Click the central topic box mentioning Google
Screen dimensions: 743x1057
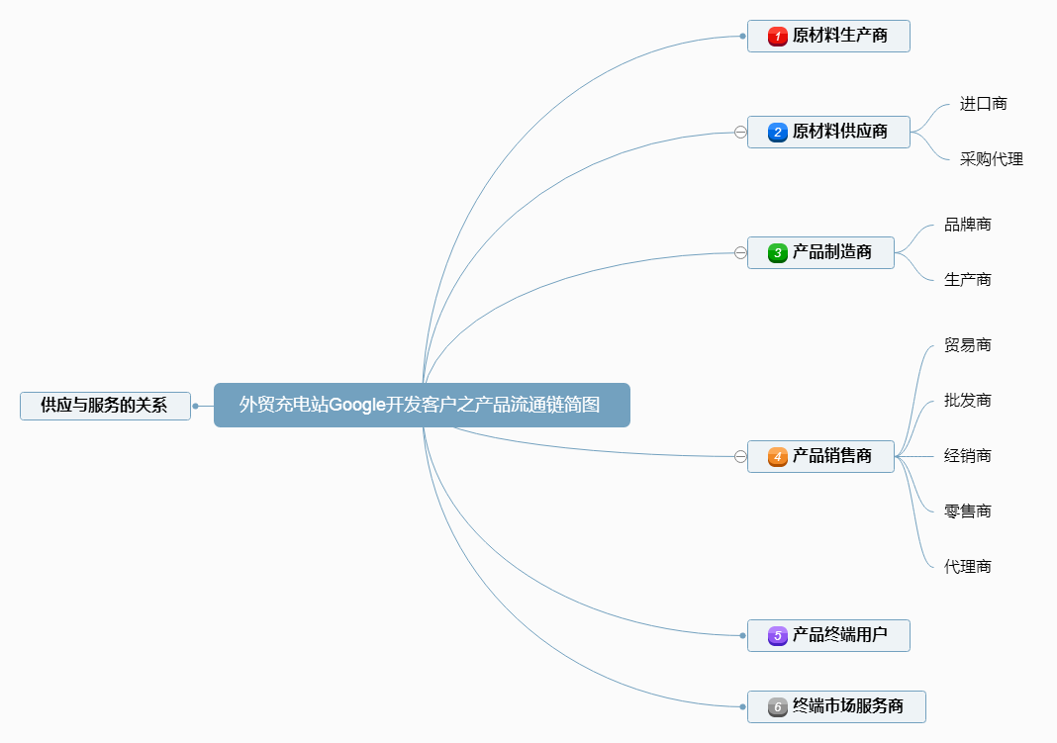point(421,405)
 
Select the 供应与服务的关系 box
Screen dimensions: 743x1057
point(105,406)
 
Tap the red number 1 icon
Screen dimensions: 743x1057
point(778,37)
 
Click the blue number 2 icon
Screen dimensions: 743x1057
point(778,132)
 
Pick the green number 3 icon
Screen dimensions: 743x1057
point(778,253)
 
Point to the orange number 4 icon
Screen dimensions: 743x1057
point(778,456)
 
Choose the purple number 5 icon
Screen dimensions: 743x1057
point(778,635)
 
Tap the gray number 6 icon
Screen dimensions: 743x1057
point(778,707)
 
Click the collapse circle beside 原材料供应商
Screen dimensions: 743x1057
point(740,132)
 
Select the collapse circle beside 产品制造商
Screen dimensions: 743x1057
point(740,253)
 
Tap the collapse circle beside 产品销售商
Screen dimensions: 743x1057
point(740,456)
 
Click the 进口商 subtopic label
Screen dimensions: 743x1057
point(983,104)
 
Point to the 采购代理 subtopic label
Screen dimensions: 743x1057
point(991,159)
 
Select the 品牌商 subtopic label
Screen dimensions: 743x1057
point(967,225)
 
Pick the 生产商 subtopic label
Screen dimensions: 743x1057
point(967,280)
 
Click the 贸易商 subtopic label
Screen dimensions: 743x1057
point(967,345)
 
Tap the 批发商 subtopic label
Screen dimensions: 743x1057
point(967,401)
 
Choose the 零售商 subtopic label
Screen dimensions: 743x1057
point(967,511)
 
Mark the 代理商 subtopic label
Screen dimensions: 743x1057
point(967,567)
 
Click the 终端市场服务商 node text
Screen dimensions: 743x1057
point(848,707)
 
